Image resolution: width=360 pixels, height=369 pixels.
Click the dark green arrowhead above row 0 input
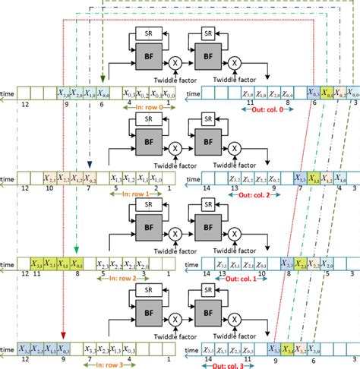pos(103,77)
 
